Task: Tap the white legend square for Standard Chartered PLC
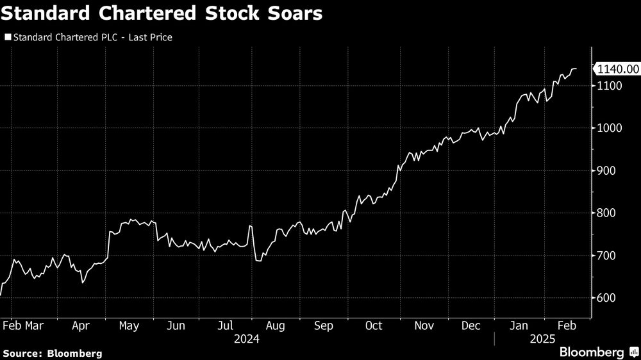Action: pyautogui.click(x=8, y=38)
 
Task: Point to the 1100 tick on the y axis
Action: pyautogui.click(x=610, y=86)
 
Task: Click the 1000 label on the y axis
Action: pyautogui.click(x=610, y=128)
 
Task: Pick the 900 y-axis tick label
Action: pyautogui.click(x=607, y=171)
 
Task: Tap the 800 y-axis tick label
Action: pyautogui.click(x=607, y=213)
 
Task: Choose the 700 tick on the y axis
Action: pyautogui.click(x=607, y=256)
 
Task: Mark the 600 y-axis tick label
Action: pyautogui.click(x=607, y=298)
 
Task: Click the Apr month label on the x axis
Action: pyautogui.click(x=80, y=326)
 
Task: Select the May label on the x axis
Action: pyautogui.click(x=129, y=326)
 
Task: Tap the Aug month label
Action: pyautogui.click(x=275, y=326)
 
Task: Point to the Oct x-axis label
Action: pyautogui.click(x=374, y=326)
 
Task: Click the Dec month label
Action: pyautogui.click(x=470, y=326)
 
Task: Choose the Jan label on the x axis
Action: pyautogui.click(x=520, y=326)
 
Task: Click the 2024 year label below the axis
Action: pyautogui.click(x=247, y=339)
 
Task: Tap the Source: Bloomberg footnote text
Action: pyautogui.click(x=53, y=353)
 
